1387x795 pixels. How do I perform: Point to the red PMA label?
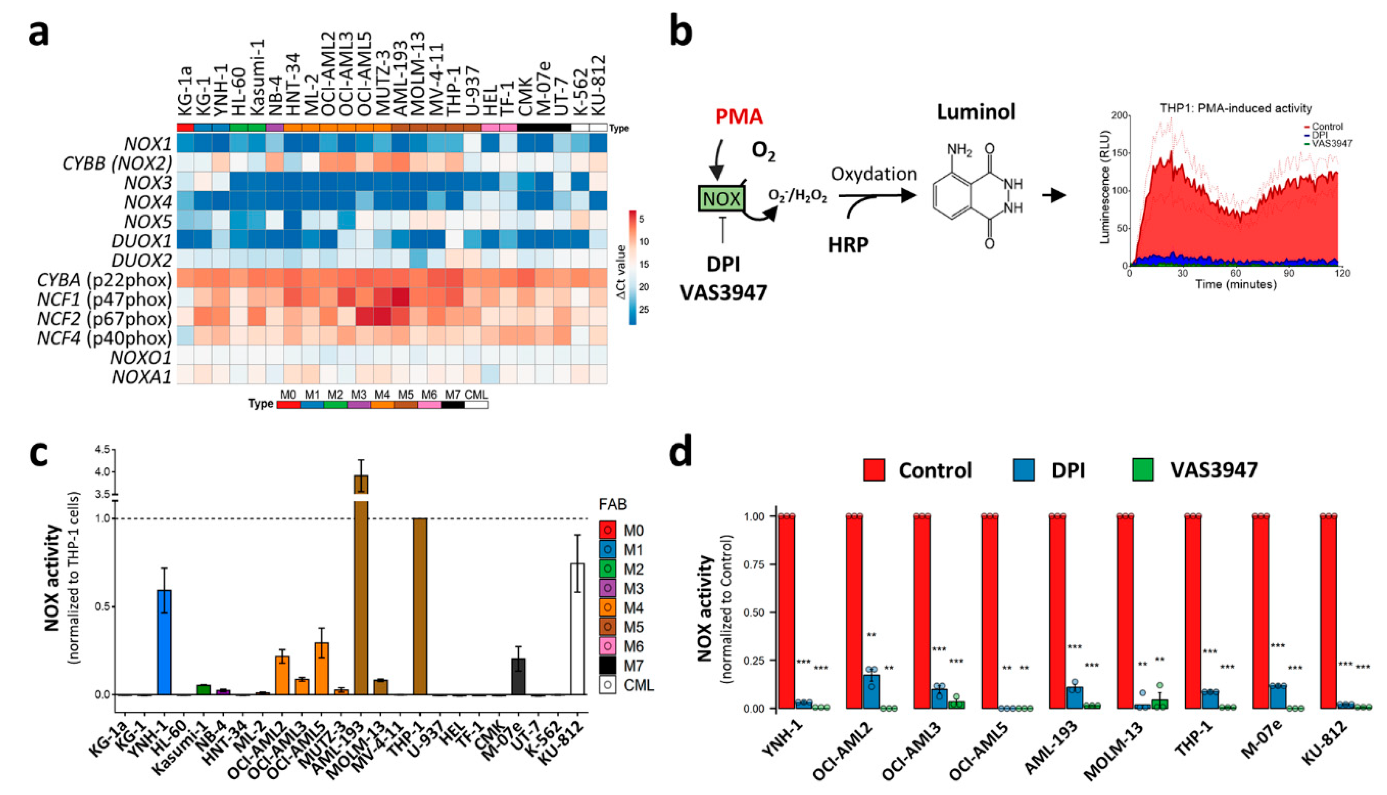click(x=740, y=116)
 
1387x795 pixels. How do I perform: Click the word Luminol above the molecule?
click(x=976, y=112)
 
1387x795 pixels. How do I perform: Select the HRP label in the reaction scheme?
click(x=848, y=245)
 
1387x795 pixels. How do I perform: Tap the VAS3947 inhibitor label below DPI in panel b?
click(x=723, y=292)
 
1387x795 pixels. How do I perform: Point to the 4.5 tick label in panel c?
click(x=102, y=449)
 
